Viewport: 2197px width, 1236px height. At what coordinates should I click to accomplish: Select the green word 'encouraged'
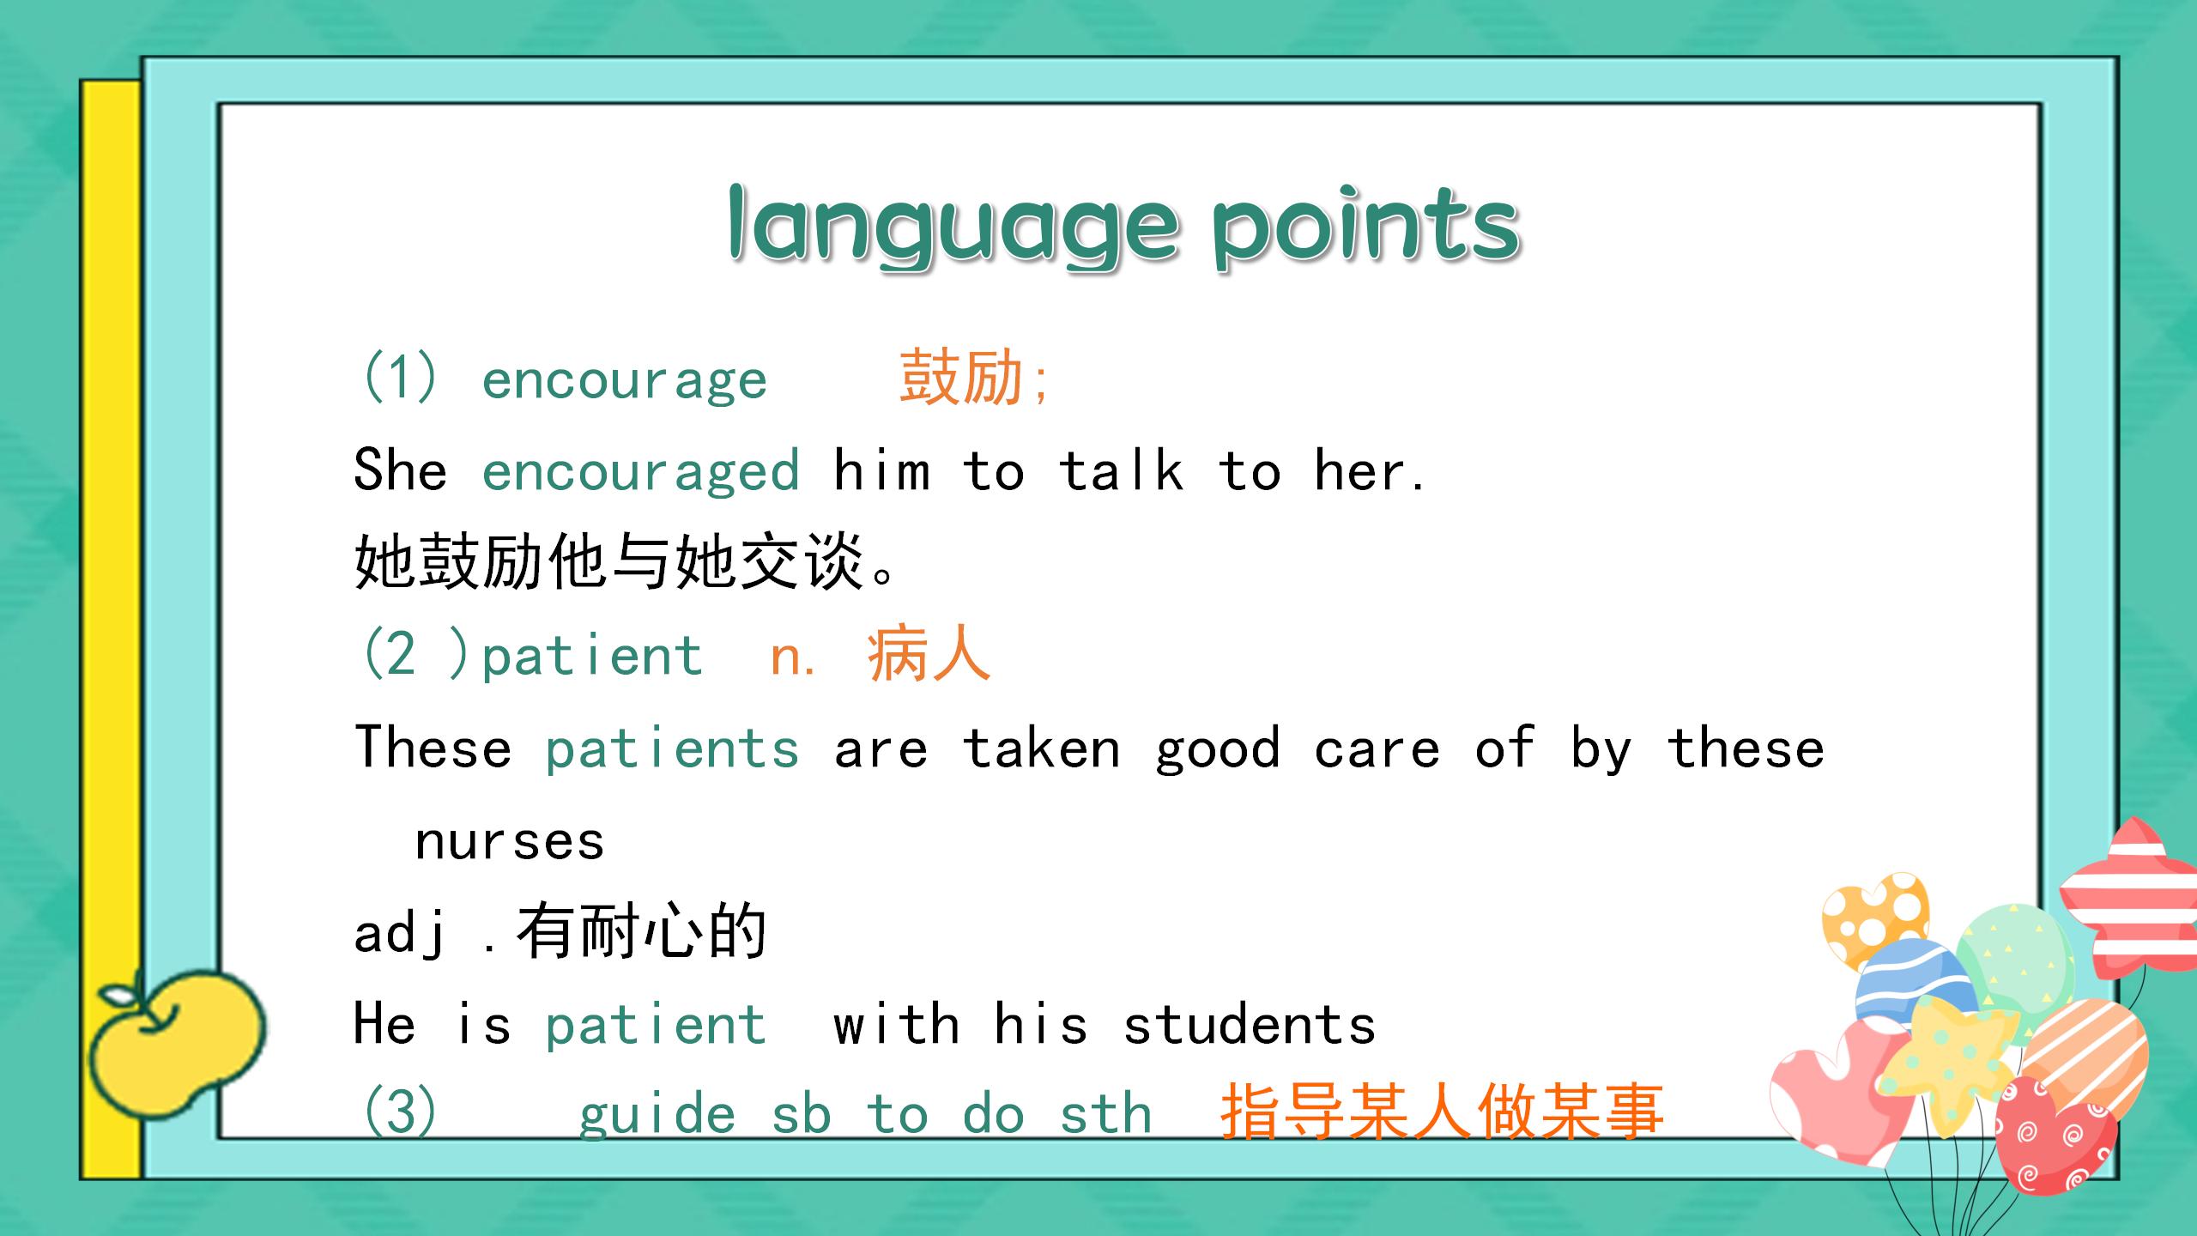pyautogui.click(x=640, y=471)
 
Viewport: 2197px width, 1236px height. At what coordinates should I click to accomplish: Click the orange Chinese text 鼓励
pyautogui.click(x=961, y=378)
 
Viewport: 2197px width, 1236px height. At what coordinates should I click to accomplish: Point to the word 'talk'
pyautogui.click(x=1121, y=471)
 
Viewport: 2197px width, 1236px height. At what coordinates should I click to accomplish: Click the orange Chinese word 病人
pyautogui.click(x=929, y=655)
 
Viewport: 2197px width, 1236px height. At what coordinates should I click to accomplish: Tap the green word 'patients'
pyautogui.click(x=672, y=748)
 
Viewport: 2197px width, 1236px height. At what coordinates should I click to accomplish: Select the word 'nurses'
pyautogui.click(x=510, y=840)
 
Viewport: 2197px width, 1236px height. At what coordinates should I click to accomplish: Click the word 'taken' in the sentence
pyautogui.click(x=1041, y=748)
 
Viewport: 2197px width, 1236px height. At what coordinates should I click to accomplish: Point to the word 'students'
pyautogui.click(x=1250, y=1024)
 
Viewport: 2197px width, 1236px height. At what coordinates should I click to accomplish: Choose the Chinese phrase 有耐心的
pyautogui.click(x=641, y=932)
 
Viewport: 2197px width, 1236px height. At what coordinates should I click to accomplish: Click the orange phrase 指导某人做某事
pyautogui.click(x=1442, y=1113)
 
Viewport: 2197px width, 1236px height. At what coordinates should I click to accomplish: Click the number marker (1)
pyautogui.click(x=400, y=378)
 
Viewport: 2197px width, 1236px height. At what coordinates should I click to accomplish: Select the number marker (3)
pyautogui.click(x=400, y=1113)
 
